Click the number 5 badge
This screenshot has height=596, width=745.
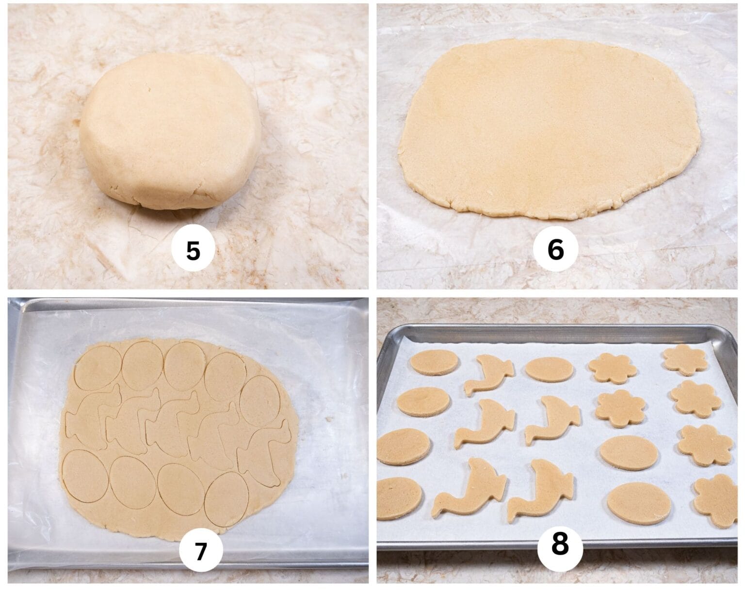click(x=193, y=252)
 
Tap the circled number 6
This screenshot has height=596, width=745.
click(x=556, y=250)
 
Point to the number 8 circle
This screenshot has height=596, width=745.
click(x=560, y=545)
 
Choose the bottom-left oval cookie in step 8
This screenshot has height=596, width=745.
click(x=400, y=497)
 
